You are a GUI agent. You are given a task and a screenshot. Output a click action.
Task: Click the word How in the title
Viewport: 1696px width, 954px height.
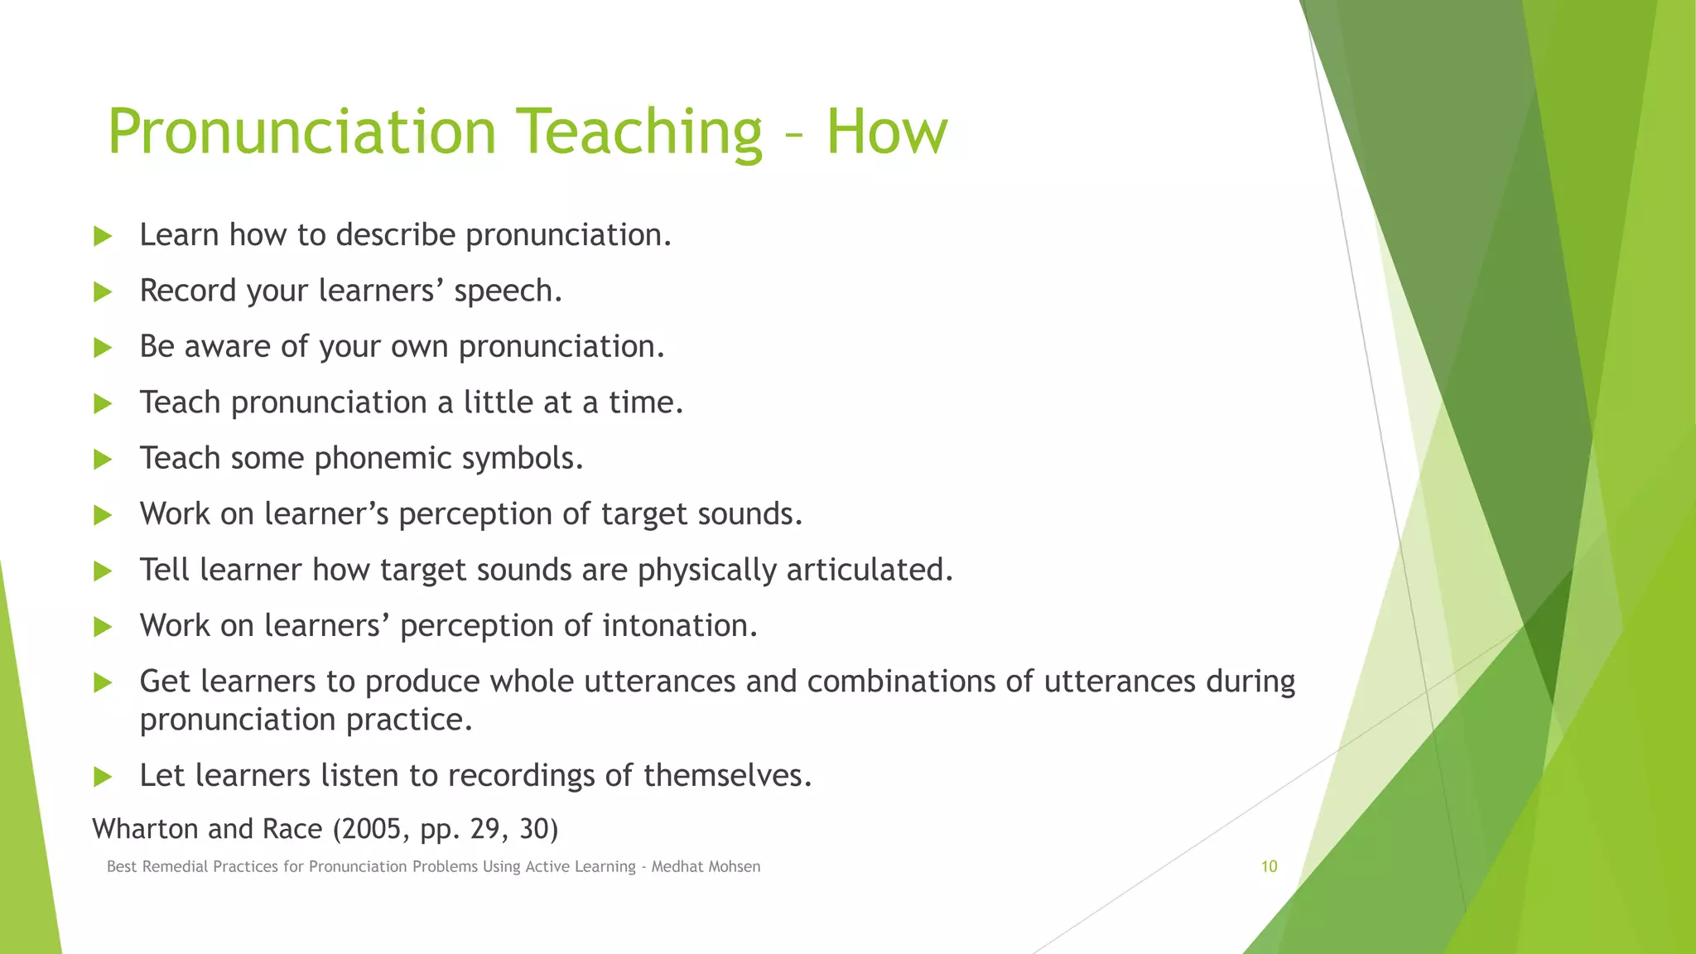886,132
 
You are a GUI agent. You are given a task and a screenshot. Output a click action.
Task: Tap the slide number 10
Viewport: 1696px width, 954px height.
1269,866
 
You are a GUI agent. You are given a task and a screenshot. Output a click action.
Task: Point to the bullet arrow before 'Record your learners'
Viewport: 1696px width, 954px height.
103,291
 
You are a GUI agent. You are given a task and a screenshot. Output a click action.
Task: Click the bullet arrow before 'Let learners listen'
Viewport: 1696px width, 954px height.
103,777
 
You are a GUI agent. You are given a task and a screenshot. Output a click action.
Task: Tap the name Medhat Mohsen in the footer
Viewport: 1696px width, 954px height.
706,867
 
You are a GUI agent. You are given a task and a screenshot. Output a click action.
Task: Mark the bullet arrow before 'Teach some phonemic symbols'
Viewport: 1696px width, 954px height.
103,460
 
